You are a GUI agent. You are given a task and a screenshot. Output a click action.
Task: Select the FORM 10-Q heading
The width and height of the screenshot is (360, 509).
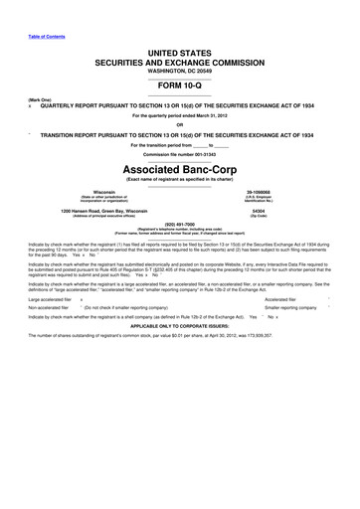(180, 85)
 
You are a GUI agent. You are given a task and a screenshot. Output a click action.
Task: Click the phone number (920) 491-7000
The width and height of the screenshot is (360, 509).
(180, 224)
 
